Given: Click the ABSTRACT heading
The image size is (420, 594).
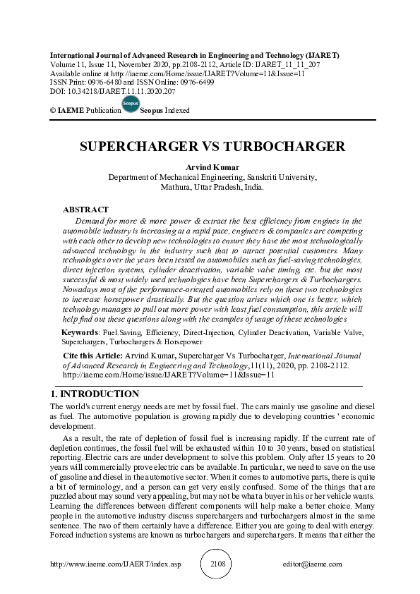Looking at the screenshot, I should pyautogui.click(x=85, y=210).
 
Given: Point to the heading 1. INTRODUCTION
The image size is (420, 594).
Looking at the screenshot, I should pyautogui.click(x=95, y=394).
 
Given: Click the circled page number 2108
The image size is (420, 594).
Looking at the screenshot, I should pyautogui.click(x=217, y=564).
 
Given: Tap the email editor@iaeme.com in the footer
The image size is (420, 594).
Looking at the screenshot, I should pyautogui.click(x=312, y=564).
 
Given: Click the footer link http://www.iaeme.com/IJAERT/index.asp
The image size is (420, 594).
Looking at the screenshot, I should pyautogui.click(x=120, y=564).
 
